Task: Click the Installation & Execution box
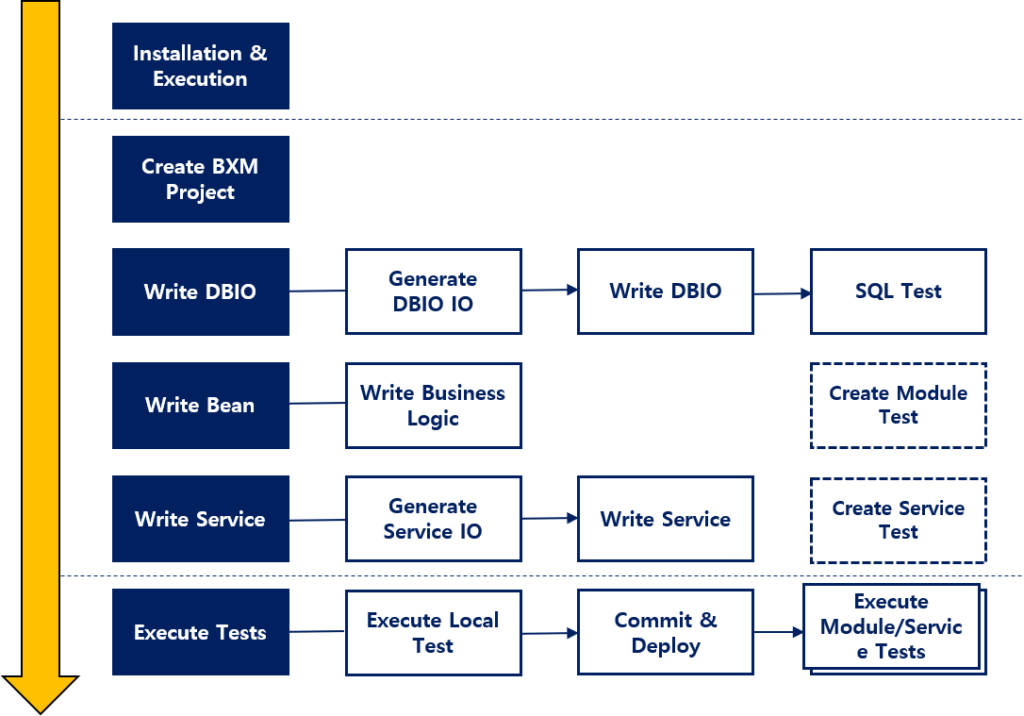(x=200, y=66)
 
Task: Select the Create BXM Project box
(x=200, y=179)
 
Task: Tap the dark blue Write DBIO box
(x=200, y=291)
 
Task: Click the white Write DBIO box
(x=665, y=291)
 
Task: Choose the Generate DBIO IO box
(x=433, y=291)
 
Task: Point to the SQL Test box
(x=898, y=291)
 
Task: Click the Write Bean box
(x=200, y=406)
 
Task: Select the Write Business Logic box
(x=433, y=406)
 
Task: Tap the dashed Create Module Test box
(x=898, y=406)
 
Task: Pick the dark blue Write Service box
(x=200, y=519)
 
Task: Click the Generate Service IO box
(x=433, y=519)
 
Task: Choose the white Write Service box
(x=665, y=519)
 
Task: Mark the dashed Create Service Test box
(x=898, y=520)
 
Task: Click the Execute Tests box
(x=200, y=632)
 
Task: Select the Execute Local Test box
(x=433, y=633)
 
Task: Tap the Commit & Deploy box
(x=665, y=633)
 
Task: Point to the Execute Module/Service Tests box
(x=891, y=626)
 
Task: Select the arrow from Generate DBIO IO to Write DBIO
(x=549, y=291)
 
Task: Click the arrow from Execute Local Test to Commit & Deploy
(x=549, y=633)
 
